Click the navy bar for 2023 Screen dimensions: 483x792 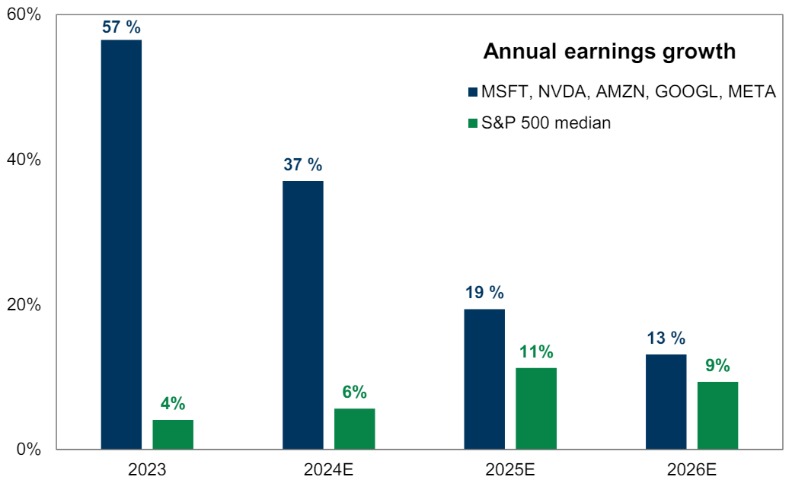coord(121,243)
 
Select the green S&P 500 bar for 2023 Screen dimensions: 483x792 coord(173,434)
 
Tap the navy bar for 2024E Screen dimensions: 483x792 coord(302,315)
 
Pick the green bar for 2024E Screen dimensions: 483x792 coord(354,429)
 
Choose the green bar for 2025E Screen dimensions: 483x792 coord(536,408)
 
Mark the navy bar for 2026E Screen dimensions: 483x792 coord(666,402)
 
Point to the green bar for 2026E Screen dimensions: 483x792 coord(718,415)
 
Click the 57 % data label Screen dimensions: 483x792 coord(122,27)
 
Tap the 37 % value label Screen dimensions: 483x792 coord(303,165)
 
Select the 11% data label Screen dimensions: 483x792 coord(537,352)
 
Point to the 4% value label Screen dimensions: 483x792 coord(173,404)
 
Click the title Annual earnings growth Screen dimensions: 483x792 coord(610,52)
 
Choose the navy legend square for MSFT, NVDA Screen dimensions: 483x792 coord(472,93)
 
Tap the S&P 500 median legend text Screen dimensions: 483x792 coord(546,122)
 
